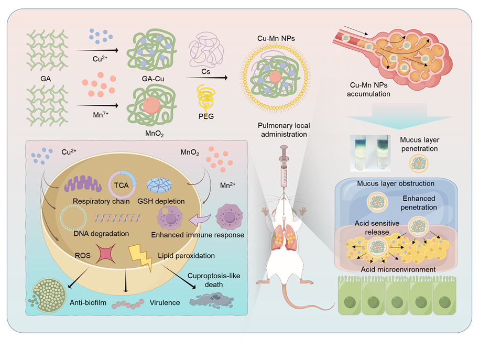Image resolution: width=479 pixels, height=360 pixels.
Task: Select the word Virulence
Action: [x=165, y=302]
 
